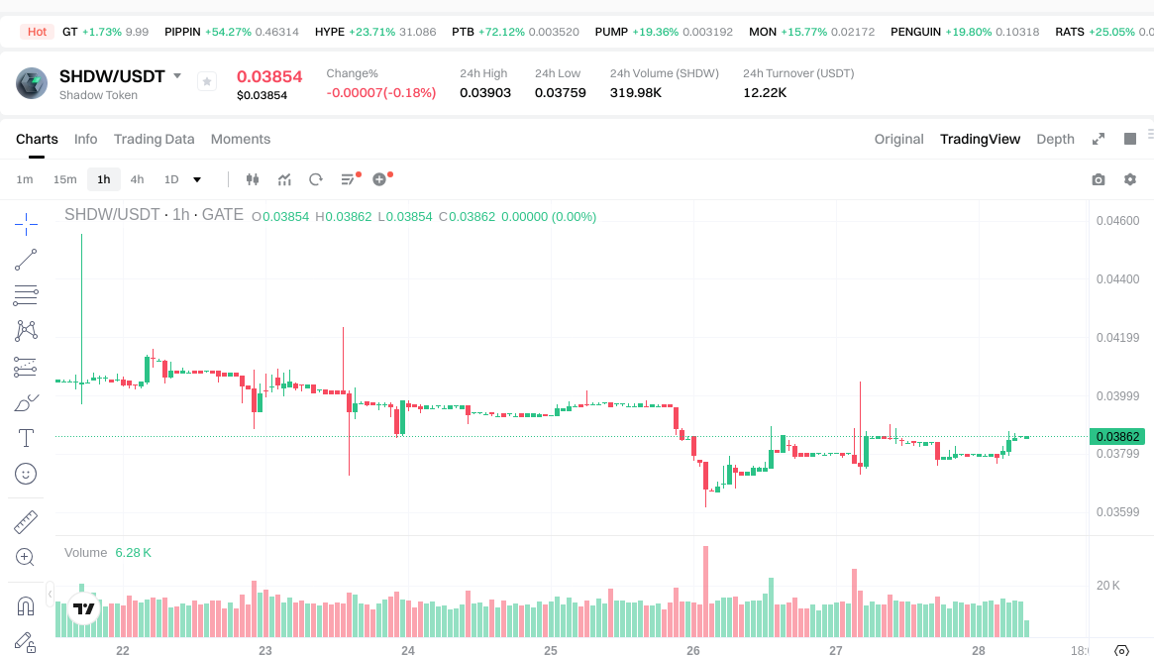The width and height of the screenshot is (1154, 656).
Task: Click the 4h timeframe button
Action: [x=137, y=179]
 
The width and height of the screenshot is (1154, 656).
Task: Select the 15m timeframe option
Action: [x=64, y=179]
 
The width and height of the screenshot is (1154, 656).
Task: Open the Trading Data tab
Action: [x=154, y=139]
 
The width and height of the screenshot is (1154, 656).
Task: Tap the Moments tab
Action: [x=241, y=139]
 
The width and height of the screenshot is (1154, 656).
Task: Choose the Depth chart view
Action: [x=1055, y=139]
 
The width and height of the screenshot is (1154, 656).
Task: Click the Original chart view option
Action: [x=898, y=139]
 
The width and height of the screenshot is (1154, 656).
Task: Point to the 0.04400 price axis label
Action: [x=1117, y=279]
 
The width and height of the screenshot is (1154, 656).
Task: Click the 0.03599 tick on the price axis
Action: [x=1117, y=512]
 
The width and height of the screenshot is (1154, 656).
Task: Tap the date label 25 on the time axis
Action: [x=551, y=651]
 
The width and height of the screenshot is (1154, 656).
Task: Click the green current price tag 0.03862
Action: [x=1117, y=436]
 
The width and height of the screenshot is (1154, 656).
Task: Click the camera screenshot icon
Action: [x=1099, y=179]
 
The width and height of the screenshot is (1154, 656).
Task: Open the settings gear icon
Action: [x=1130, y=179]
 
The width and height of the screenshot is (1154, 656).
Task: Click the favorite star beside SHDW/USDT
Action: [x=207, y=81]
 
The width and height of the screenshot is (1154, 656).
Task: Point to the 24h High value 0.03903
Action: [x=485, y=92]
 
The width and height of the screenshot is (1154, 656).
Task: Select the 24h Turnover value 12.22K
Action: [x=765, y=92]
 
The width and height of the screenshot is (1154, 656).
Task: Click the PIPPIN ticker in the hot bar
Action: [x=182, y=32]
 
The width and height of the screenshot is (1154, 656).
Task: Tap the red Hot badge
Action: [x=38, y=32]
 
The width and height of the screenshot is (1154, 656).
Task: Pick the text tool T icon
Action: [x=27, y=437]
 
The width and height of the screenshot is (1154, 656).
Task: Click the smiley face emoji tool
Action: [x=27, y=474]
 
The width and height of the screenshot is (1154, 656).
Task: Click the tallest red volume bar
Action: [x=705, y=591]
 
